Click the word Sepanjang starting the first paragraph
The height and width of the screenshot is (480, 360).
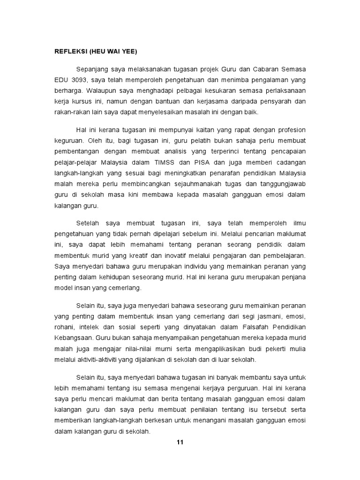(x=91, y=69)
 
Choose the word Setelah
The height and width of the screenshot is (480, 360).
(x=88, y=223)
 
